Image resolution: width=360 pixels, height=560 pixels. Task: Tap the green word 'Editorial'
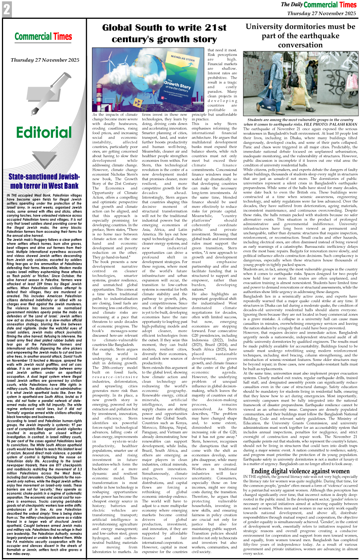click(44, 132)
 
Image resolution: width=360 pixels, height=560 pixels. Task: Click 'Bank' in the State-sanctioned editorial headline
click(69, 186)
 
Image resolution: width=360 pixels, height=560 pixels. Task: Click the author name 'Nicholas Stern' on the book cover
click(183, 58)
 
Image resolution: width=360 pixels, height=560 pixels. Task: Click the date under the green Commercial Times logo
click(45, 60)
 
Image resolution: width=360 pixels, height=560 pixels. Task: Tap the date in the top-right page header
click(322, 13)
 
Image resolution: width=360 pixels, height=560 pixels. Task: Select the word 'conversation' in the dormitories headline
click(300, 44)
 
